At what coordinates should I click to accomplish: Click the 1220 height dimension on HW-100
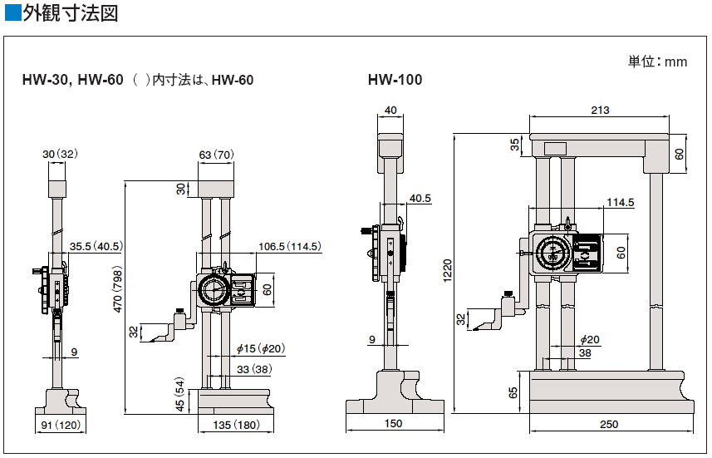pyautogui.click(x=447, y=271)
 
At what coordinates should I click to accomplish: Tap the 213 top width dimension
pyautogui.click(x=600, y=110)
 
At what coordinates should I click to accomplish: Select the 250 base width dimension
pyautogui.click(x=609, y=424)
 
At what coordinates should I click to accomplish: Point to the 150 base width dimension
pyautogui.click(x=393, y=423)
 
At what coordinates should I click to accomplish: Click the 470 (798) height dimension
pyautogui.click(x=118, y=291)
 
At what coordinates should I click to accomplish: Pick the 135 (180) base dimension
pyautogui.click(x=237, y=425)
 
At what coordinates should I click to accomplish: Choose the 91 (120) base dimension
pyautogui.click(x=61, y=425)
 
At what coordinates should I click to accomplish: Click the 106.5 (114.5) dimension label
pyautogui.click(x=290, y=246)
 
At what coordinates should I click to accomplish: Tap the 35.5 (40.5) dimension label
pyautogui.click(x=96, y=246)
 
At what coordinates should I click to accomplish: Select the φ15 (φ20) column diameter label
pyautogui.click(x=261, y=348)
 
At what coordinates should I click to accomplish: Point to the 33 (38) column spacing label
pyautogui.click(x=254, y=369)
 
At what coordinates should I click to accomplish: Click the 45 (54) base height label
pyautogui.click(x=180, y=394)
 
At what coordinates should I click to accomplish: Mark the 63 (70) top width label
pyautogui.click(x=216, y=155)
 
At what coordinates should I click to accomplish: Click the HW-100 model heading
pyautogui.click(x=395, y=80)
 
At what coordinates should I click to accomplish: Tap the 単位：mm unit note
pyautogui.click(x=657, y=62)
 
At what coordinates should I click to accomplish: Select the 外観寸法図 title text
pyautogui.click(x=71, y=12)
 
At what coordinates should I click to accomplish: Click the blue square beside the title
pyautogui.click(x=12, y=12)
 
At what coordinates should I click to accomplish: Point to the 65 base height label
pyautogui.click(x=513, y=392)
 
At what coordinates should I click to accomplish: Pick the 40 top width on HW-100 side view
pyautogui.click(x=390, y=110)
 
